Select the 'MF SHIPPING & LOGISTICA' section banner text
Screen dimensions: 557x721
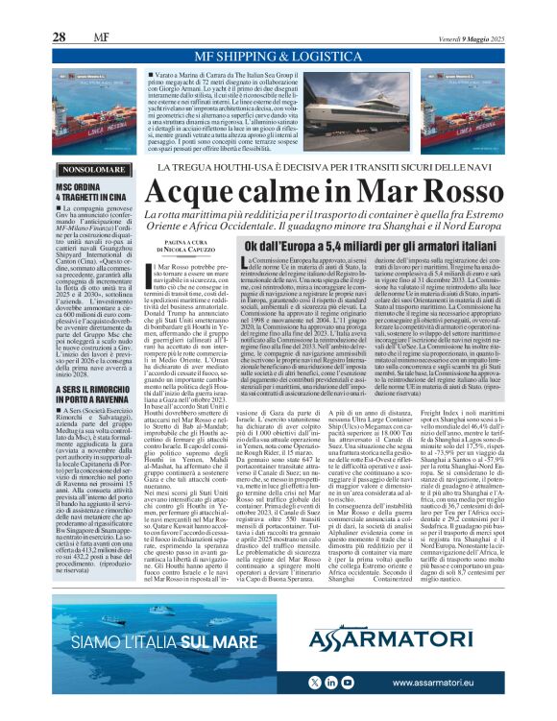278,55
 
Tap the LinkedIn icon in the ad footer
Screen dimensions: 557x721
336,681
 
